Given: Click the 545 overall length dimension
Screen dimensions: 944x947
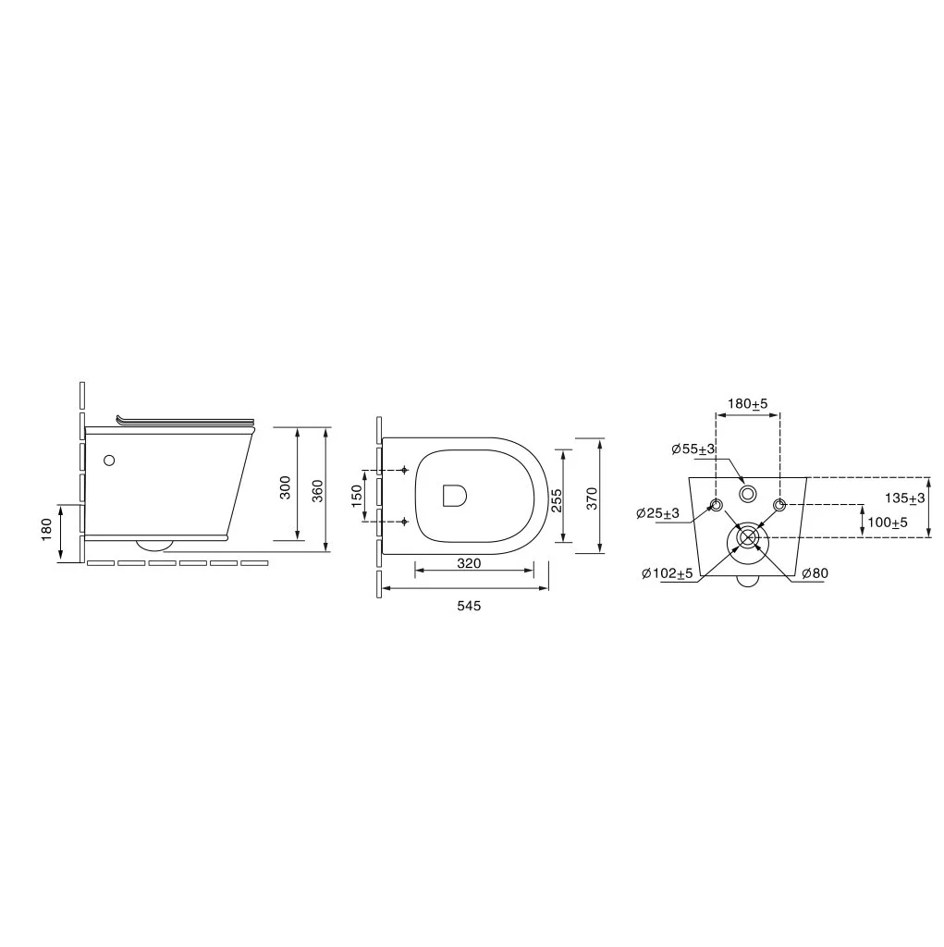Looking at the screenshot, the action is tap(469, 605).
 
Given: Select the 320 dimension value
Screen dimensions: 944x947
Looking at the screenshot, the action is tap(469, 563).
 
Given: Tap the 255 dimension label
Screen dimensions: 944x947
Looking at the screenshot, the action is tap(557, 500).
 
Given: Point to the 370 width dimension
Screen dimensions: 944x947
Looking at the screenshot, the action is tap(592, 498).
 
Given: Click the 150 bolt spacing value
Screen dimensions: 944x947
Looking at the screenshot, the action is tap(357, 496).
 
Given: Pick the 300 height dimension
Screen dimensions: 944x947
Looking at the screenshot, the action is tap(286, 486).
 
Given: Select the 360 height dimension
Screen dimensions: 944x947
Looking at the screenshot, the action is tap(318, 490).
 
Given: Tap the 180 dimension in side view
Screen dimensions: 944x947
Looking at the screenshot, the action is tap(47, 530).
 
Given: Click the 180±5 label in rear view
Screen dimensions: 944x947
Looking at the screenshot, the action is tap(747, 403).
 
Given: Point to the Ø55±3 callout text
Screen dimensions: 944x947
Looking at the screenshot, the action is tap(693, 449).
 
